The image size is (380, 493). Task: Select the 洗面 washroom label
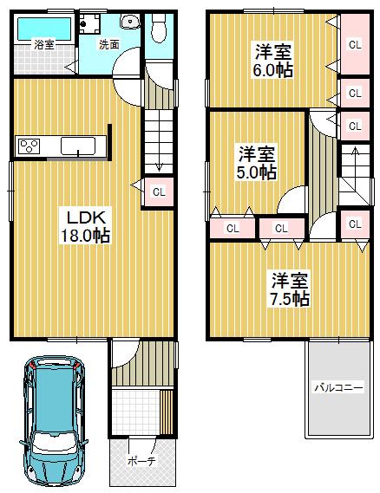[x=108, y=42]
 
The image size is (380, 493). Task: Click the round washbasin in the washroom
[x=132, y=23]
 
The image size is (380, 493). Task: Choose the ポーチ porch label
[x=140, y=462]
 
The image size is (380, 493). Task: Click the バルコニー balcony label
[x=338, y=387]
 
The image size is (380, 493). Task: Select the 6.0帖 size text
[x=272, y=70]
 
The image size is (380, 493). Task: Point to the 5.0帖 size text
[x=257, y=172]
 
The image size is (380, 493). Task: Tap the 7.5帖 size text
[x=289, y=299]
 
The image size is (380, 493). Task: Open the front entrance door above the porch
[x=122, y=354]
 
